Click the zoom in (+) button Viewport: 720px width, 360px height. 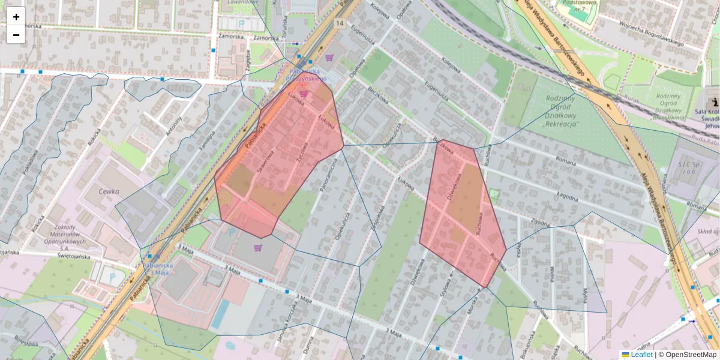point(16,17)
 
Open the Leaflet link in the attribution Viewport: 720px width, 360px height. point(641,355)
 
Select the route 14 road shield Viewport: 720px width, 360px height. point(340,23)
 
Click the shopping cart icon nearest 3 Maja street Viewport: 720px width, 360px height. point(258,247)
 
